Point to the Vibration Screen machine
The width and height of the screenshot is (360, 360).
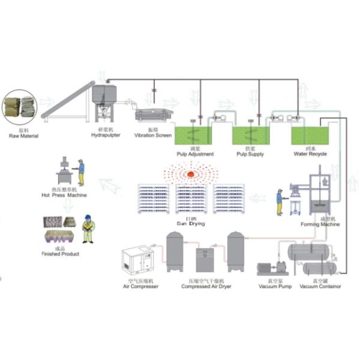click(155, 114)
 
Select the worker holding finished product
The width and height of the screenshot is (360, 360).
click(88, 229)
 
